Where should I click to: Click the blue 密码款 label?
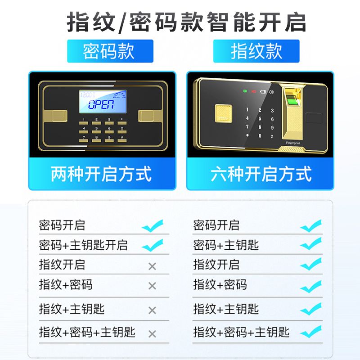click(110, 51)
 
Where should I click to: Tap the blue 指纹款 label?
click(256, 51)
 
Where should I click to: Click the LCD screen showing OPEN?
click(103, 101)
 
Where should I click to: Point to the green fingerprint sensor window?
click(293, 101)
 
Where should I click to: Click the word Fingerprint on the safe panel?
click(293, 143)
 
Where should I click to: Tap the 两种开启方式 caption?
click(101, 174)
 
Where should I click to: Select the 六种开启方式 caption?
click(261, 174)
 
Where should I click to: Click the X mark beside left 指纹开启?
click(152, 266)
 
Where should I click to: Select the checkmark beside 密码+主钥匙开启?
click(153, 245)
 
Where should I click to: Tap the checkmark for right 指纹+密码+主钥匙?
click(311, 332)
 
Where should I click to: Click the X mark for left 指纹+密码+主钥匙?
click(152, 334)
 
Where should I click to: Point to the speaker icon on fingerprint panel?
click(271, 92)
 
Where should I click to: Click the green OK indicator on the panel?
click(245, 91)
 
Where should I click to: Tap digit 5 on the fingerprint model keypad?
click(260, 119)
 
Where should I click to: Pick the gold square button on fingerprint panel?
click(223, 113)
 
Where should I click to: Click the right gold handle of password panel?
click(146, 116)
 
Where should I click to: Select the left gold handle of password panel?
click(59, 116)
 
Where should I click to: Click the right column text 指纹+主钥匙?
click(226, 309)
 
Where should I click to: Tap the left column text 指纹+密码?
click(66, 285)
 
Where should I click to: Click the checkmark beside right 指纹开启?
click(311, 264)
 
